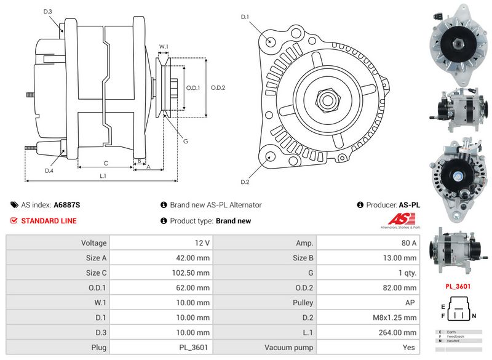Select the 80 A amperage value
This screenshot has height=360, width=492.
408,243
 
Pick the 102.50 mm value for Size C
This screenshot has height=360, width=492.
192,273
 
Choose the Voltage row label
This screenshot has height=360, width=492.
94,243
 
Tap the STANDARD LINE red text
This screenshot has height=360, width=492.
49,221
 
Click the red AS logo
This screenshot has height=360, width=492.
403,220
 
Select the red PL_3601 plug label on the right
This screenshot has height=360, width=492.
458,286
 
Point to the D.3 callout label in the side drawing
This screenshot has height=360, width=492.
48,12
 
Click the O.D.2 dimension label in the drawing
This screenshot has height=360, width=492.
218,87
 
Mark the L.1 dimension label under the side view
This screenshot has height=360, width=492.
103,176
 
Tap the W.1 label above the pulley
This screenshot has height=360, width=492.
164,46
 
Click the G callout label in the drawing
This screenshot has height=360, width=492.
186,142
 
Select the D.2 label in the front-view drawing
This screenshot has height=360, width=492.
245,182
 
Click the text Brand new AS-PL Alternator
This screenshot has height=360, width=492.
215,205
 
